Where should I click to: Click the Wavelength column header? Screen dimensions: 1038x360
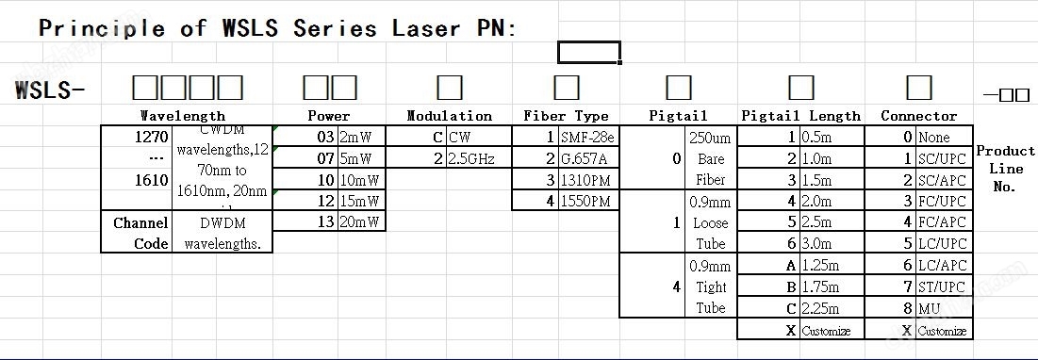[x=183, y=116]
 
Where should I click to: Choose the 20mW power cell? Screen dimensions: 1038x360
[x=362, y=221]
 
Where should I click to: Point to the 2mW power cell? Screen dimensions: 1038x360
[x=362, y=137]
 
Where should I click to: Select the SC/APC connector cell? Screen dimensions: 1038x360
[x=942, y=179]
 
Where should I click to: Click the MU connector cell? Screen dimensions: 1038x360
[x=942, y=307]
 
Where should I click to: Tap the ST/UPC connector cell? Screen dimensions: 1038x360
[x=942, y=286]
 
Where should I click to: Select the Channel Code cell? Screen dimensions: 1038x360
[x=140, y=233]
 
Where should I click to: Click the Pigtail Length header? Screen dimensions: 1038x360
[x=800, y=116]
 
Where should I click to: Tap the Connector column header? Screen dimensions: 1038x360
[x=918, y=116]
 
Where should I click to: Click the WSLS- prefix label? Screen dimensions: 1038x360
[x=50, y=90]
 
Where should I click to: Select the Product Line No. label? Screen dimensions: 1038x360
[x=1005, y=169]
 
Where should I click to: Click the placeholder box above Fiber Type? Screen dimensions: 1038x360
[x=567, y=88]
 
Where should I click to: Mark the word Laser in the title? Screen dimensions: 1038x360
[x=421, y=27]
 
